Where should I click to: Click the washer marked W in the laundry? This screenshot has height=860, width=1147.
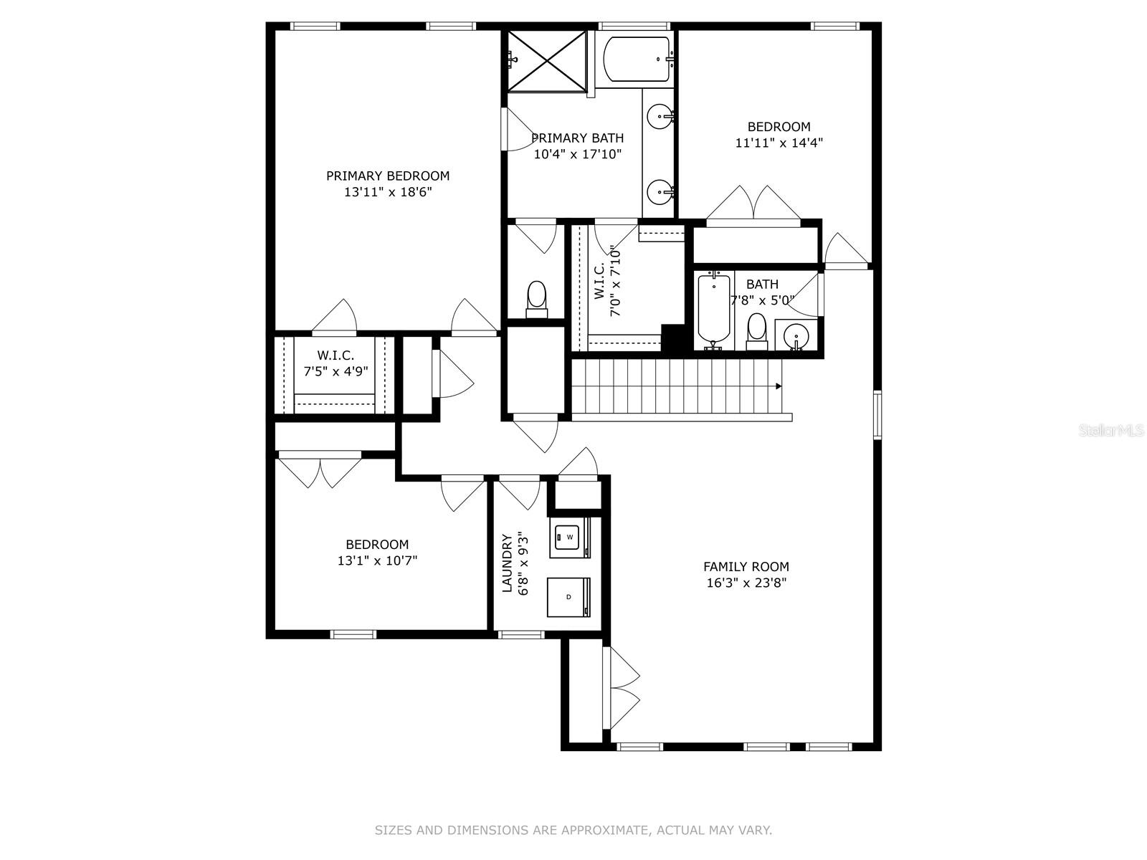(570, 537)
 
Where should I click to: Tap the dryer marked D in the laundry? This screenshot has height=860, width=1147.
(568, 597)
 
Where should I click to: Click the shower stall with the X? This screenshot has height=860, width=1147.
(546, 61)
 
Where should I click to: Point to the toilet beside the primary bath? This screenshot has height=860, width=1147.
(537, 299)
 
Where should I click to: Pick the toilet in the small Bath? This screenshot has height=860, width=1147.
(756, 332)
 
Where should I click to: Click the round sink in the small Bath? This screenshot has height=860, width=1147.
(795, 334)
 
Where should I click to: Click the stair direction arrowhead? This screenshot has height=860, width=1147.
(779, 386)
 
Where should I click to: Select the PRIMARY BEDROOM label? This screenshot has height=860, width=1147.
(388, 176)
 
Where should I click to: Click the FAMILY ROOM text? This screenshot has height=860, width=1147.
(746, 567)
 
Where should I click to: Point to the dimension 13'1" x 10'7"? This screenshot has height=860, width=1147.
(377, 561)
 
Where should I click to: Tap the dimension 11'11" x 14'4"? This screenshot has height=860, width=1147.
(779, 143)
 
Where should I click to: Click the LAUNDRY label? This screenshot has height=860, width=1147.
(507, 563)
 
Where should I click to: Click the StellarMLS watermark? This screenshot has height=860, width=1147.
(1111, 431)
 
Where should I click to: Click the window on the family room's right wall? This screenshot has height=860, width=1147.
(877, 415)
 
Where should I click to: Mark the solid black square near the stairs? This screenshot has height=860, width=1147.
(673, 338)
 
